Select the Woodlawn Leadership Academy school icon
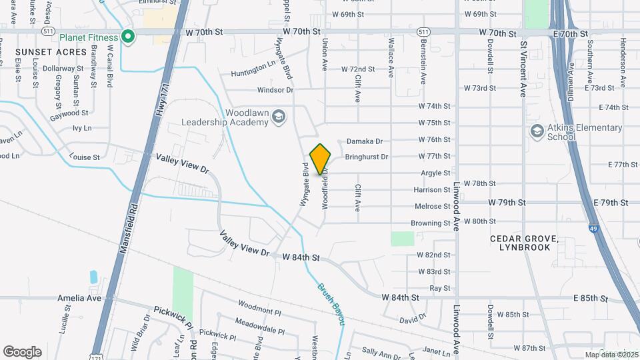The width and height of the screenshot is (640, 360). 279,117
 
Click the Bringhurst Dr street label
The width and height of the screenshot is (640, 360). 367,157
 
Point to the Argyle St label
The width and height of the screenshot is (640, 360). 435,173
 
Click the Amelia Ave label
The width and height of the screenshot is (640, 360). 79,298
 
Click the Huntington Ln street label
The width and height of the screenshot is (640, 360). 253,72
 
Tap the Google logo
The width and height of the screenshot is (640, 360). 22,352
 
